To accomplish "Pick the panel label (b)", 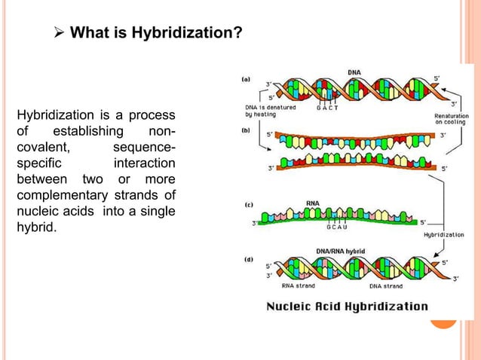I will click(246, 130).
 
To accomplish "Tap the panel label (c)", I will click(247, 204).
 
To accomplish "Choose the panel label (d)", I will click(247, 259).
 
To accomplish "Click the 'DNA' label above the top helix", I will click(354, 72).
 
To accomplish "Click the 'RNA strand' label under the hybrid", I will click(299, 285).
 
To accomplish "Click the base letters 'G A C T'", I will click(327, 108).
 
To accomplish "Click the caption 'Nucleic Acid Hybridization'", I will click(347, 307).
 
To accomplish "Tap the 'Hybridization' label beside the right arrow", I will click(444, 234).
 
